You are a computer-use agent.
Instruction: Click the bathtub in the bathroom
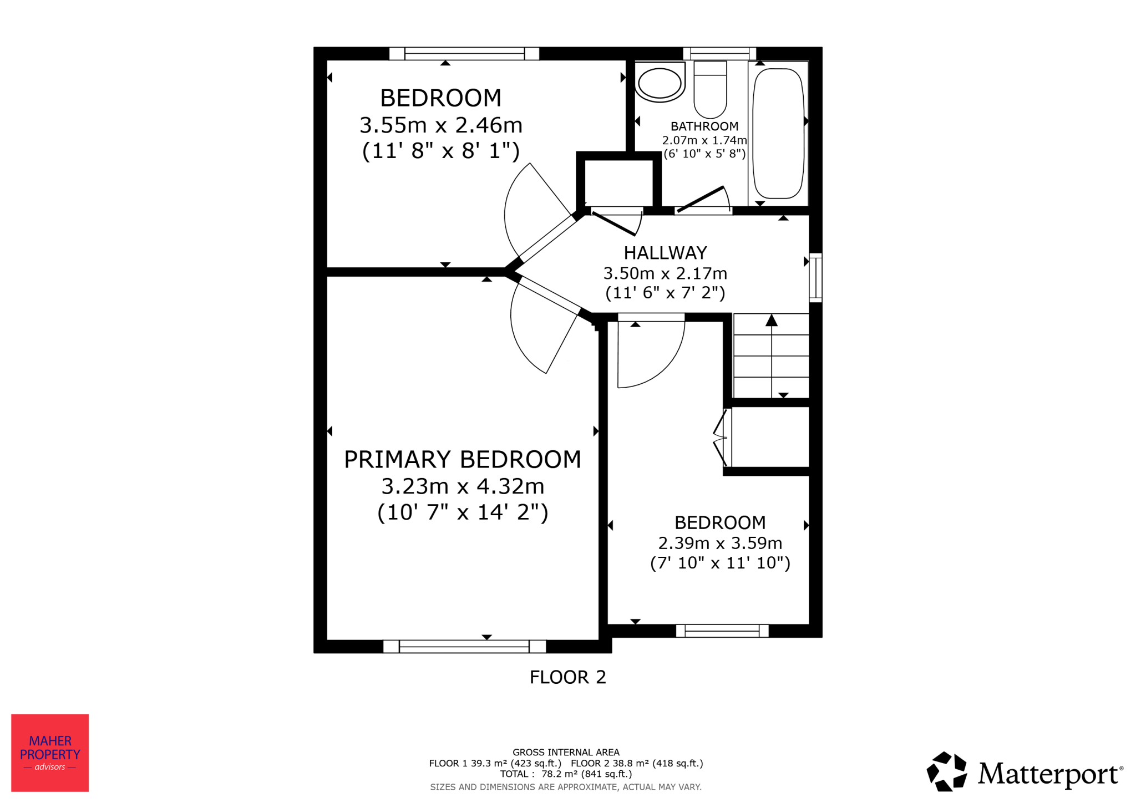click(x=778, y=133)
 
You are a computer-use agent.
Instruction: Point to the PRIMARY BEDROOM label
click(x=463, y=459)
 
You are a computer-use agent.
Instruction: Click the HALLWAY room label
click(x=665, y=253)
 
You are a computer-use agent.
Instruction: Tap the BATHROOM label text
click(x=704, y=126)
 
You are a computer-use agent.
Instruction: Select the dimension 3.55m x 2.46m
click(x=441, y=125)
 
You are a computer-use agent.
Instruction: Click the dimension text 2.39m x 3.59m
click(x=720, y=543)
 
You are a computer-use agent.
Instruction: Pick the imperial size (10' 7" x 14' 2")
click(x=463, y=512)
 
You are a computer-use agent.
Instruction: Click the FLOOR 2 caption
click(x=567, y=677)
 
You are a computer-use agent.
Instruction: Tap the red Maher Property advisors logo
click(x=50, y=753)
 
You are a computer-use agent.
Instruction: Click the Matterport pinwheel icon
click(x=947, y=771)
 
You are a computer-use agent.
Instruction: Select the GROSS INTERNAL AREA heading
click(x=566, y=753)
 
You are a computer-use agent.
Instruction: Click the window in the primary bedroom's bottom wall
click(x=464, y=646)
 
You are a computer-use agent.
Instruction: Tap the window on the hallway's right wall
click(x=815, y=278)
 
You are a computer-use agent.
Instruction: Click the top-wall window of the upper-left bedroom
click(x=464, y=54)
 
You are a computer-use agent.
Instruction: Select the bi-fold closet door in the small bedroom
click(x=722, y=438)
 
